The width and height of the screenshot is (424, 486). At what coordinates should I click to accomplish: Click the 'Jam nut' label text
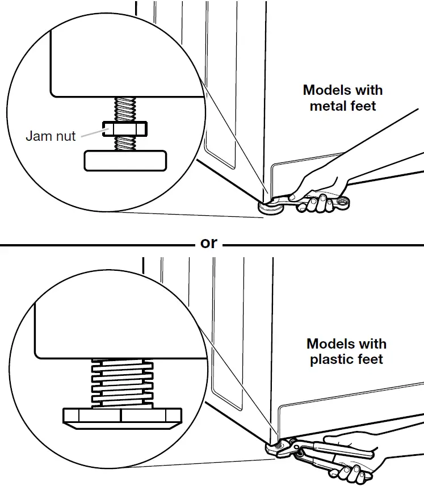pyautogui.click(x=51, y=136)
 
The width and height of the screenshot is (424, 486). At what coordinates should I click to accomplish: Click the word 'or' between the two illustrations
pyautogui.click(x=209, y=243)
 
